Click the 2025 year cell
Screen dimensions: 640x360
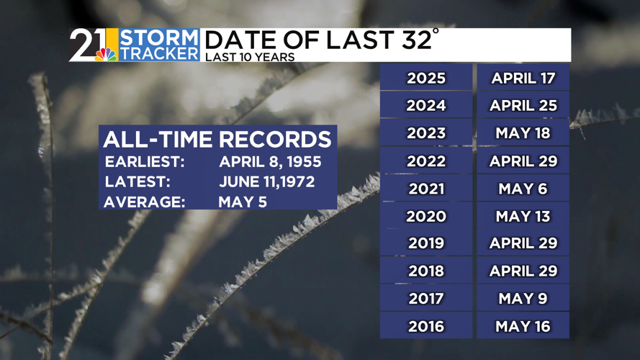coord(426,77)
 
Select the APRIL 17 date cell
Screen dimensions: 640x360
coord(523,77)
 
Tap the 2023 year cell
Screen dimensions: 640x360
coord(426,132)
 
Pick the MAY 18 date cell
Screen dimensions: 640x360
coord(523,132)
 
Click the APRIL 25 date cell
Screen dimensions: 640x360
coord(523,105)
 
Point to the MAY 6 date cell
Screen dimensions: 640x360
coord(523,188)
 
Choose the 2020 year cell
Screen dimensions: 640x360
coord(426,215)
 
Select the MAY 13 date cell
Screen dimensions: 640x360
coord(523,215)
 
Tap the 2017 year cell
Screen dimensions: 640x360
coord(426,298)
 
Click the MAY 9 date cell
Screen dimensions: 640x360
coord(523,298)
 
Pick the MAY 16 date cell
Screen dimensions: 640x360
coord(523,325)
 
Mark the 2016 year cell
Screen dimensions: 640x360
coord(426,325)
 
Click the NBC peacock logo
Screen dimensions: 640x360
coord(106,55)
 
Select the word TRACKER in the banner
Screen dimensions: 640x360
coord(160,53)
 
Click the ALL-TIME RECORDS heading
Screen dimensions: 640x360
coord(217,139)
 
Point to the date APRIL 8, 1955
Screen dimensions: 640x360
coord(270,161)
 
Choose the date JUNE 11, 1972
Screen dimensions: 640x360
coord(267,181)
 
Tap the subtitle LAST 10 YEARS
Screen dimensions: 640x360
coord(250,57)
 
